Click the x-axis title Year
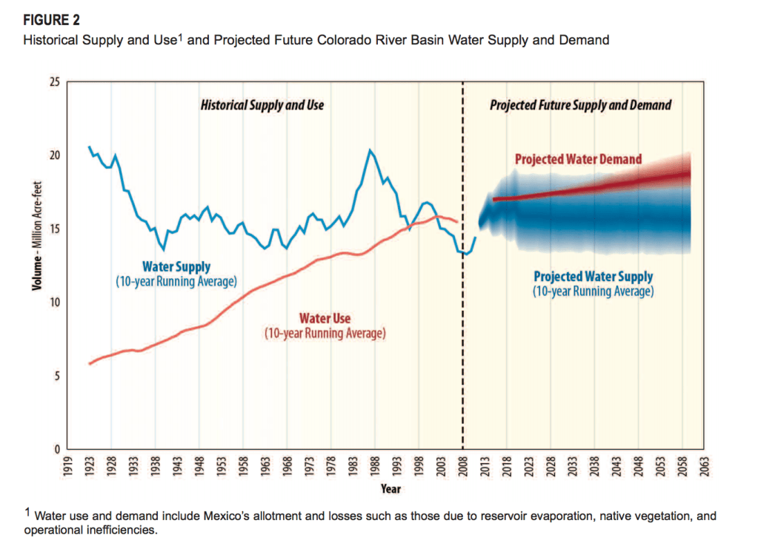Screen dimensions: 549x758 click(x=390, y=489)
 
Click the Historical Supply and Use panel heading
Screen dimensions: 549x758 click(x=262, y=105)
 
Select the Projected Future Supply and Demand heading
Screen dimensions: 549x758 click(x=580, y=105)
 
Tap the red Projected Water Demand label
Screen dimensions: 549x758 click(x=578, y=159)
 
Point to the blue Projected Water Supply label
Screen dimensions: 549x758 click(x=594, y=277)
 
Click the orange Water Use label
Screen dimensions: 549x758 click(x=325, y=320)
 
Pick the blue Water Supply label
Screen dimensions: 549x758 click(x=176, y=267)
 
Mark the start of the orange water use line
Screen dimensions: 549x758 click(x=89, y=364)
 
